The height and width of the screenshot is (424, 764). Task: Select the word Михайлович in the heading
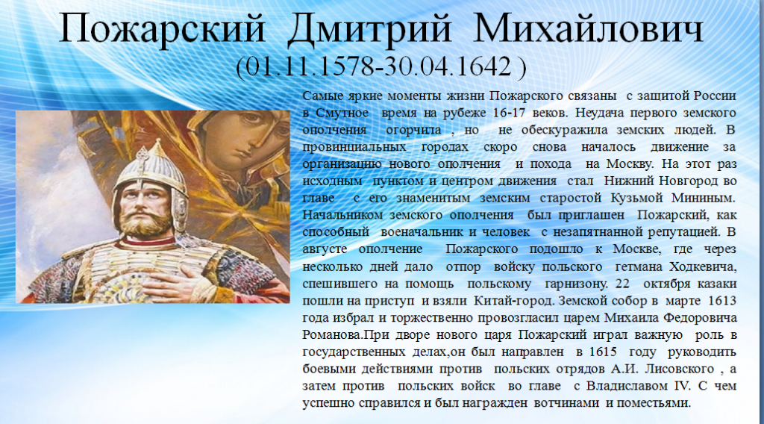(x=588, y=29)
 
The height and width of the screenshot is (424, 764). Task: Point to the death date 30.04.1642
(x=447, y=66)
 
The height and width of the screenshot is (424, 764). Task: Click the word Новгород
(x=691, y=181)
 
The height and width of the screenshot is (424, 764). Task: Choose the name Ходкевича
(x=703, y=266)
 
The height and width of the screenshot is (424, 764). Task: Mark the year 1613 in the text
(x=722, y=301)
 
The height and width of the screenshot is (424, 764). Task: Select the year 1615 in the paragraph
(x=603, y=352)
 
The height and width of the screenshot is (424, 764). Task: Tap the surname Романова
(x=332, y=335)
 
